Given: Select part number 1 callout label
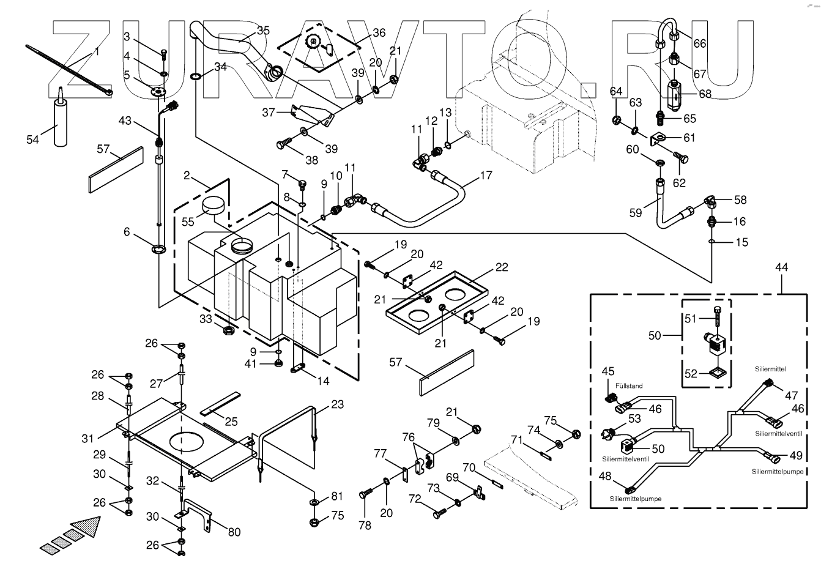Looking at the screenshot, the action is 97,51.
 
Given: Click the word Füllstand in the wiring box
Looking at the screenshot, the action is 629,385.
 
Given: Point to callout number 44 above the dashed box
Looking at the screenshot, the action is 781,267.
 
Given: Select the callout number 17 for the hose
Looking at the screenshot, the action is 486,176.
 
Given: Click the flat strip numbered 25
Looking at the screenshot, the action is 220,404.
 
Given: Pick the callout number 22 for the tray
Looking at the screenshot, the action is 502,267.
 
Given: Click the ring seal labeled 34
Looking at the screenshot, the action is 195,76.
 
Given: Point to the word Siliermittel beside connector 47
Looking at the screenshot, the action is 771,369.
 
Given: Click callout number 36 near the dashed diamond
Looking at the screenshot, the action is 379,32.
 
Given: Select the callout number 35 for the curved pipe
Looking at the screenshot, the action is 263,31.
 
